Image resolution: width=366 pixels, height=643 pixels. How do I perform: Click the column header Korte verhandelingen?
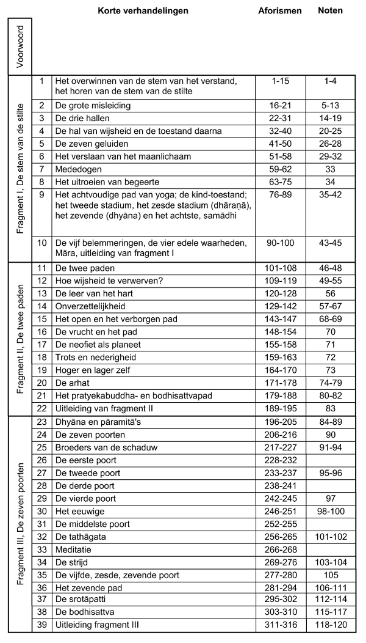coord(143,10)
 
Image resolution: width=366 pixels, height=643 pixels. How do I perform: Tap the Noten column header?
coord(331,10)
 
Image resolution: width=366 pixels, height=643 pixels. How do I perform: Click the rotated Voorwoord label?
coord(20,46)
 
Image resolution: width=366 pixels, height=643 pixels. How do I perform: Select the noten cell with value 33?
coord(331,169)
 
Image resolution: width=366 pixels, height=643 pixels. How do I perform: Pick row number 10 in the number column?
coord(42,243)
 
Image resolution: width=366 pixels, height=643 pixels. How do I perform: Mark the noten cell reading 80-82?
coord(331,395)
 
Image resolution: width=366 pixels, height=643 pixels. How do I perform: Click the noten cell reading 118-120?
coord(331,626)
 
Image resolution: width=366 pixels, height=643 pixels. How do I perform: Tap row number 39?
coord(42,626)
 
